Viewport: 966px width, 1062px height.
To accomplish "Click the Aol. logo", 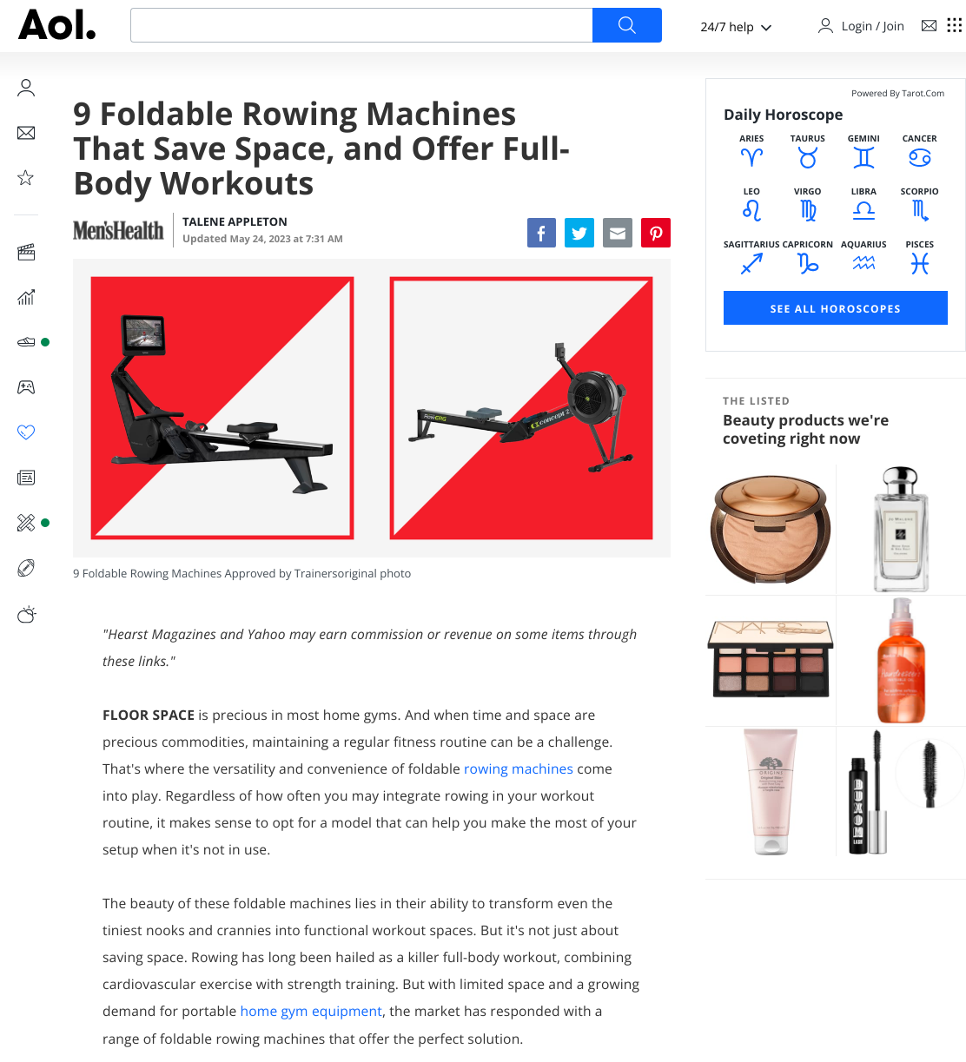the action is (57, 25).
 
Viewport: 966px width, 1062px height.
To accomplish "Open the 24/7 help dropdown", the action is (736, 26).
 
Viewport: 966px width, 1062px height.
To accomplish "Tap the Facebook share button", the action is (541, 233).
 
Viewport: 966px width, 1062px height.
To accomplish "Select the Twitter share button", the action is (579, 233).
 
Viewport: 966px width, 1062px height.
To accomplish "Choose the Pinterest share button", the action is (656, 233).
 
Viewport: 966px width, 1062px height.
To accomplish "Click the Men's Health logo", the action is (118, 230).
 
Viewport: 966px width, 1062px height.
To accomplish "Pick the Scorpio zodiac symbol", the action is (919, 211).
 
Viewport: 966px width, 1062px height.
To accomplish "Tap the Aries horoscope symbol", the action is (751, 157).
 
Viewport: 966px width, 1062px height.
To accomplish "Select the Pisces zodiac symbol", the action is (919, 263).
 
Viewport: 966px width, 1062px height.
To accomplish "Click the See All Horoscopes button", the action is (835, 307).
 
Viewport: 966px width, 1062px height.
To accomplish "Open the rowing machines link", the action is (518, 768).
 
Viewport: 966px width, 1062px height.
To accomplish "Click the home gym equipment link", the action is (311, 1011).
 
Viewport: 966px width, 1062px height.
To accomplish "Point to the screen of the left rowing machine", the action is (143, 333).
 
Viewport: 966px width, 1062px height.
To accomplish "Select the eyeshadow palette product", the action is (771, 658).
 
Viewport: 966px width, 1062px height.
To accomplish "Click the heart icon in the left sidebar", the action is (26, 432).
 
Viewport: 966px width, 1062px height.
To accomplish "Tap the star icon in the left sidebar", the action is (25, 177).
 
